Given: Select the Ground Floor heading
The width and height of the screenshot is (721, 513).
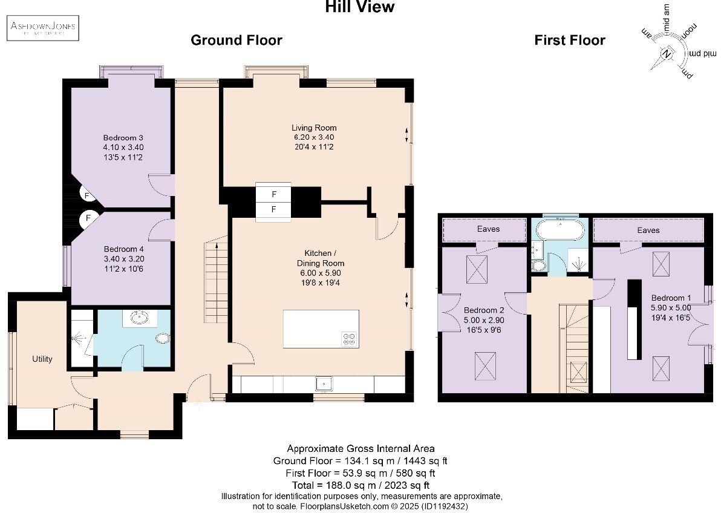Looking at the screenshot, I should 236,41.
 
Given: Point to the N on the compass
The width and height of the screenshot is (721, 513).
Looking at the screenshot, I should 667,54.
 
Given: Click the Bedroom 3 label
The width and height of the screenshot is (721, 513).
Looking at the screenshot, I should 123,137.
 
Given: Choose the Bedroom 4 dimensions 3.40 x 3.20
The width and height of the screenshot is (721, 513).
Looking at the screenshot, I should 123,259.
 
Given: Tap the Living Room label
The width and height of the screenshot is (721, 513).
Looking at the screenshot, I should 314,128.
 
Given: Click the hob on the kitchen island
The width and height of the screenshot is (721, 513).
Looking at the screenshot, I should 349,339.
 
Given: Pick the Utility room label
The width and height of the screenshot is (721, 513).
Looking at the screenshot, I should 42,359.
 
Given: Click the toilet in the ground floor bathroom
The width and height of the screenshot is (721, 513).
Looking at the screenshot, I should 163,338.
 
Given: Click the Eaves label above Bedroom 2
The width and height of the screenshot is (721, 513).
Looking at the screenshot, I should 488,229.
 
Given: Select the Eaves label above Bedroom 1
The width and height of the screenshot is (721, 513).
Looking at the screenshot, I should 648,230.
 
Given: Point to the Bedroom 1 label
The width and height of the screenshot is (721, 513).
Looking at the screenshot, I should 671,298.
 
